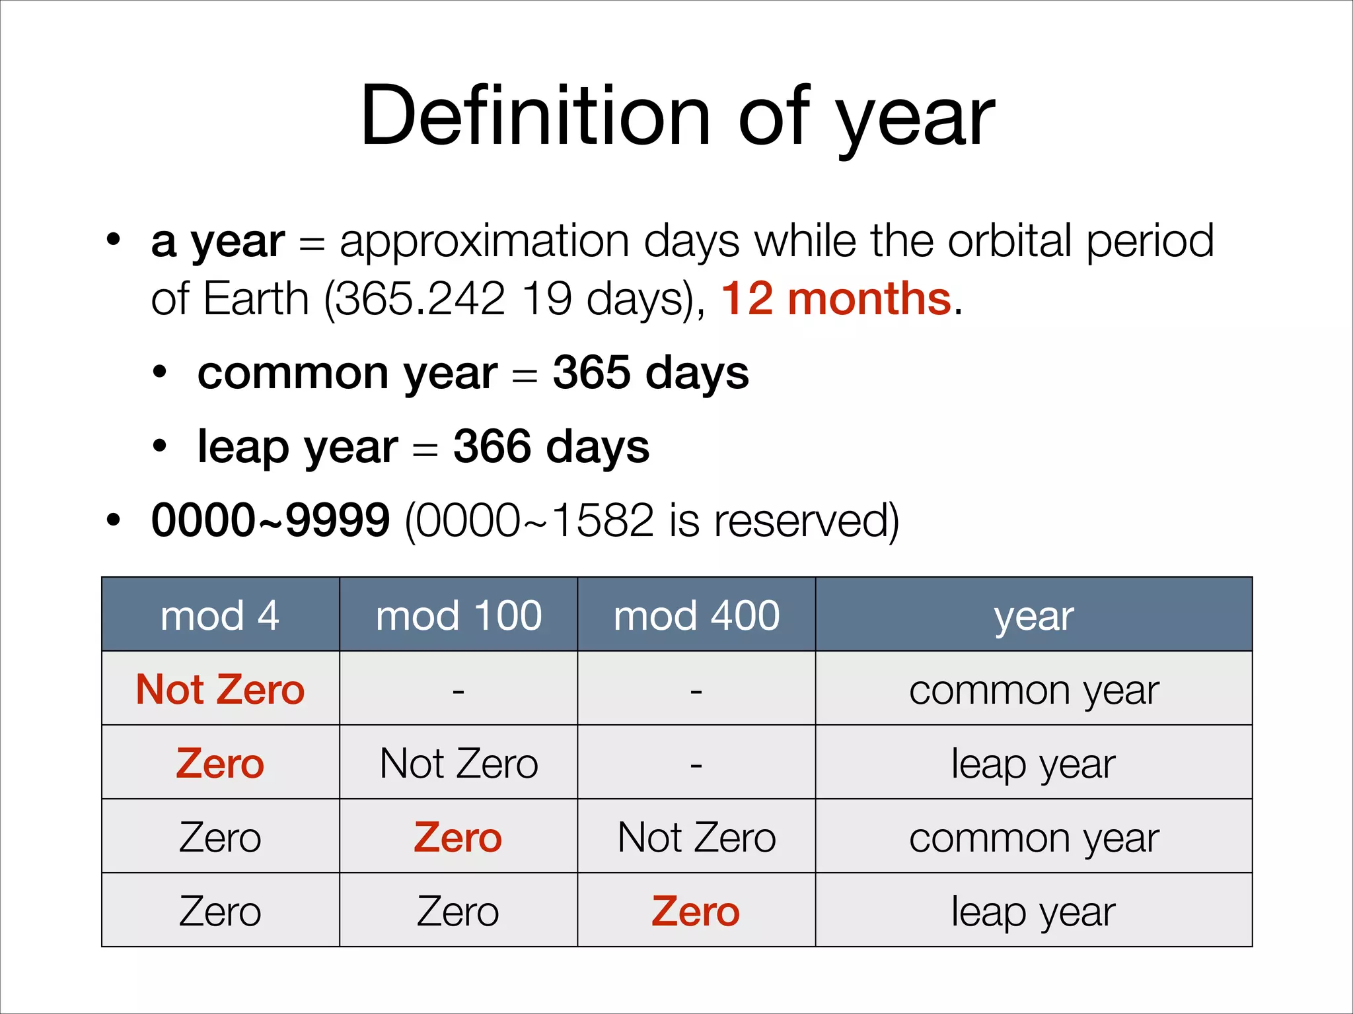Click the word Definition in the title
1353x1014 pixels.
(535, 117)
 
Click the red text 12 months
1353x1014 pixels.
(836, 299)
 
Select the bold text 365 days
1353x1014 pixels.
(651, 372)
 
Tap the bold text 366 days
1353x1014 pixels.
(551, 447)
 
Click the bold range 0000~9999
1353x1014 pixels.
(270, 520)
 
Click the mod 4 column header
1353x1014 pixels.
(220, 615)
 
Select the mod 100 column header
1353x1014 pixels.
(458, 615)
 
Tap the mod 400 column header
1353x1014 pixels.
(696, 615)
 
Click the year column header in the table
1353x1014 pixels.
(1034, 617)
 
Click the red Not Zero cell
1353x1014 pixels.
(220, 689)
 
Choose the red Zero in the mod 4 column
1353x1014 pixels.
(220, 764)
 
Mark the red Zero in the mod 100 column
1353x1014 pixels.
(458, 838)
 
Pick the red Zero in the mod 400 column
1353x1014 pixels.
(696, 912)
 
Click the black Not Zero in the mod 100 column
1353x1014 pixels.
(458, 764)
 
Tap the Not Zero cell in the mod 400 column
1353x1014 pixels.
(696, 838)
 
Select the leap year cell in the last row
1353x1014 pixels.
(1033, 912)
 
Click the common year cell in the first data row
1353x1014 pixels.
(1034, 691)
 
